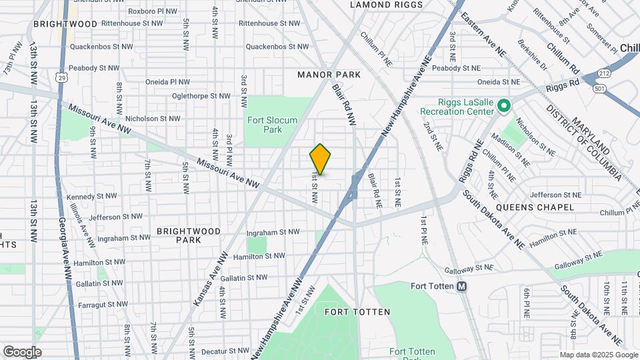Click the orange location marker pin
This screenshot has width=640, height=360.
(x=320, y=159)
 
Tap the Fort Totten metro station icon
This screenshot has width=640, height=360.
(x=461, y=287)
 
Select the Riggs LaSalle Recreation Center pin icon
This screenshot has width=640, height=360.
(x=505, y=105)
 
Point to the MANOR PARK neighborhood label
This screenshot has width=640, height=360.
(x=329, y=75)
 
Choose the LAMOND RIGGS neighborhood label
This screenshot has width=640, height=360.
(x=383, y=5)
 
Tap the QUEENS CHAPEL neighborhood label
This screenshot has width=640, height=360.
(x=539, y=207)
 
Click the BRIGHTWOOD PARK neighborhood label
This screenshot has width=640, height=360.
(x=189, y=235)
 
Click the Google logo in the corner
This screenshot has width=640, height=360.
(x=22, y=351)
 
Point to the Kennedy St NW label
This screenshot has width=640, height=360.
(x=91, y=197)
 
